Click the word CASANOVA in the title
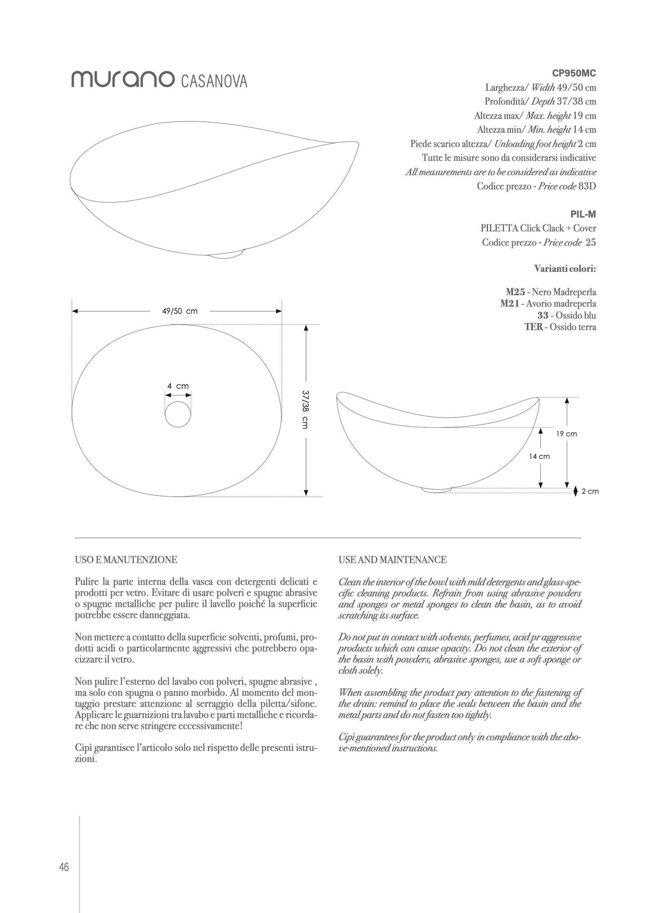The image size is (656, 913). (x=214, y=81)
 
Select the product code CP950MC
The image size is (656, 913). (x=574, y=73)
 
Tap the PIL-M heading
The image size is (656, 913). (x=583, y=214)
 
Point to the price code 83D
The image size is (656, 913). (x=587, y=186)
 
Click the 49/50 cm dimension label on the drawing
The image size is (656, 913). (x=180, y=311)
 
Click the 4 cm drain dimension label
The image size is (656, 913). (x=178, y=386)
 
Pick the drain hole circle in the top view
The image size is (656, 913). (x=178, y=414)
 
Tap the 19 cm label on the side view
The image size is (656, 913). (x=567, y=434)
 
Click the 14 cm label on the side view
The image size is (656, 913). (x=539, y=456)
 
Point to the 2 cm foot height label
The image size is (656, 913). (x=590, y=491)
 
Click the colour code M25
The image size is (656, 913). (x=515, y=292)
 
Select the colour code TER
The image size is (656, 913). (x=533, y=327)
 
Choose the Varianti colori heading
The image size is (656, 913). (x=565, y=268)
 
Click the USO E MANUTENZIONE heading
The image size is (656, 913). (x=126, y=560)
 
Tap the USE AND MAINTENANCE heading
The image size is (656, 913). (x=392, y=560)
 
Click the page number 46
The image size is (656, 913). (x=64, y=867)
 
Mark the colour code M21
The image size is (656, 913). (x=510, y=303)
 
